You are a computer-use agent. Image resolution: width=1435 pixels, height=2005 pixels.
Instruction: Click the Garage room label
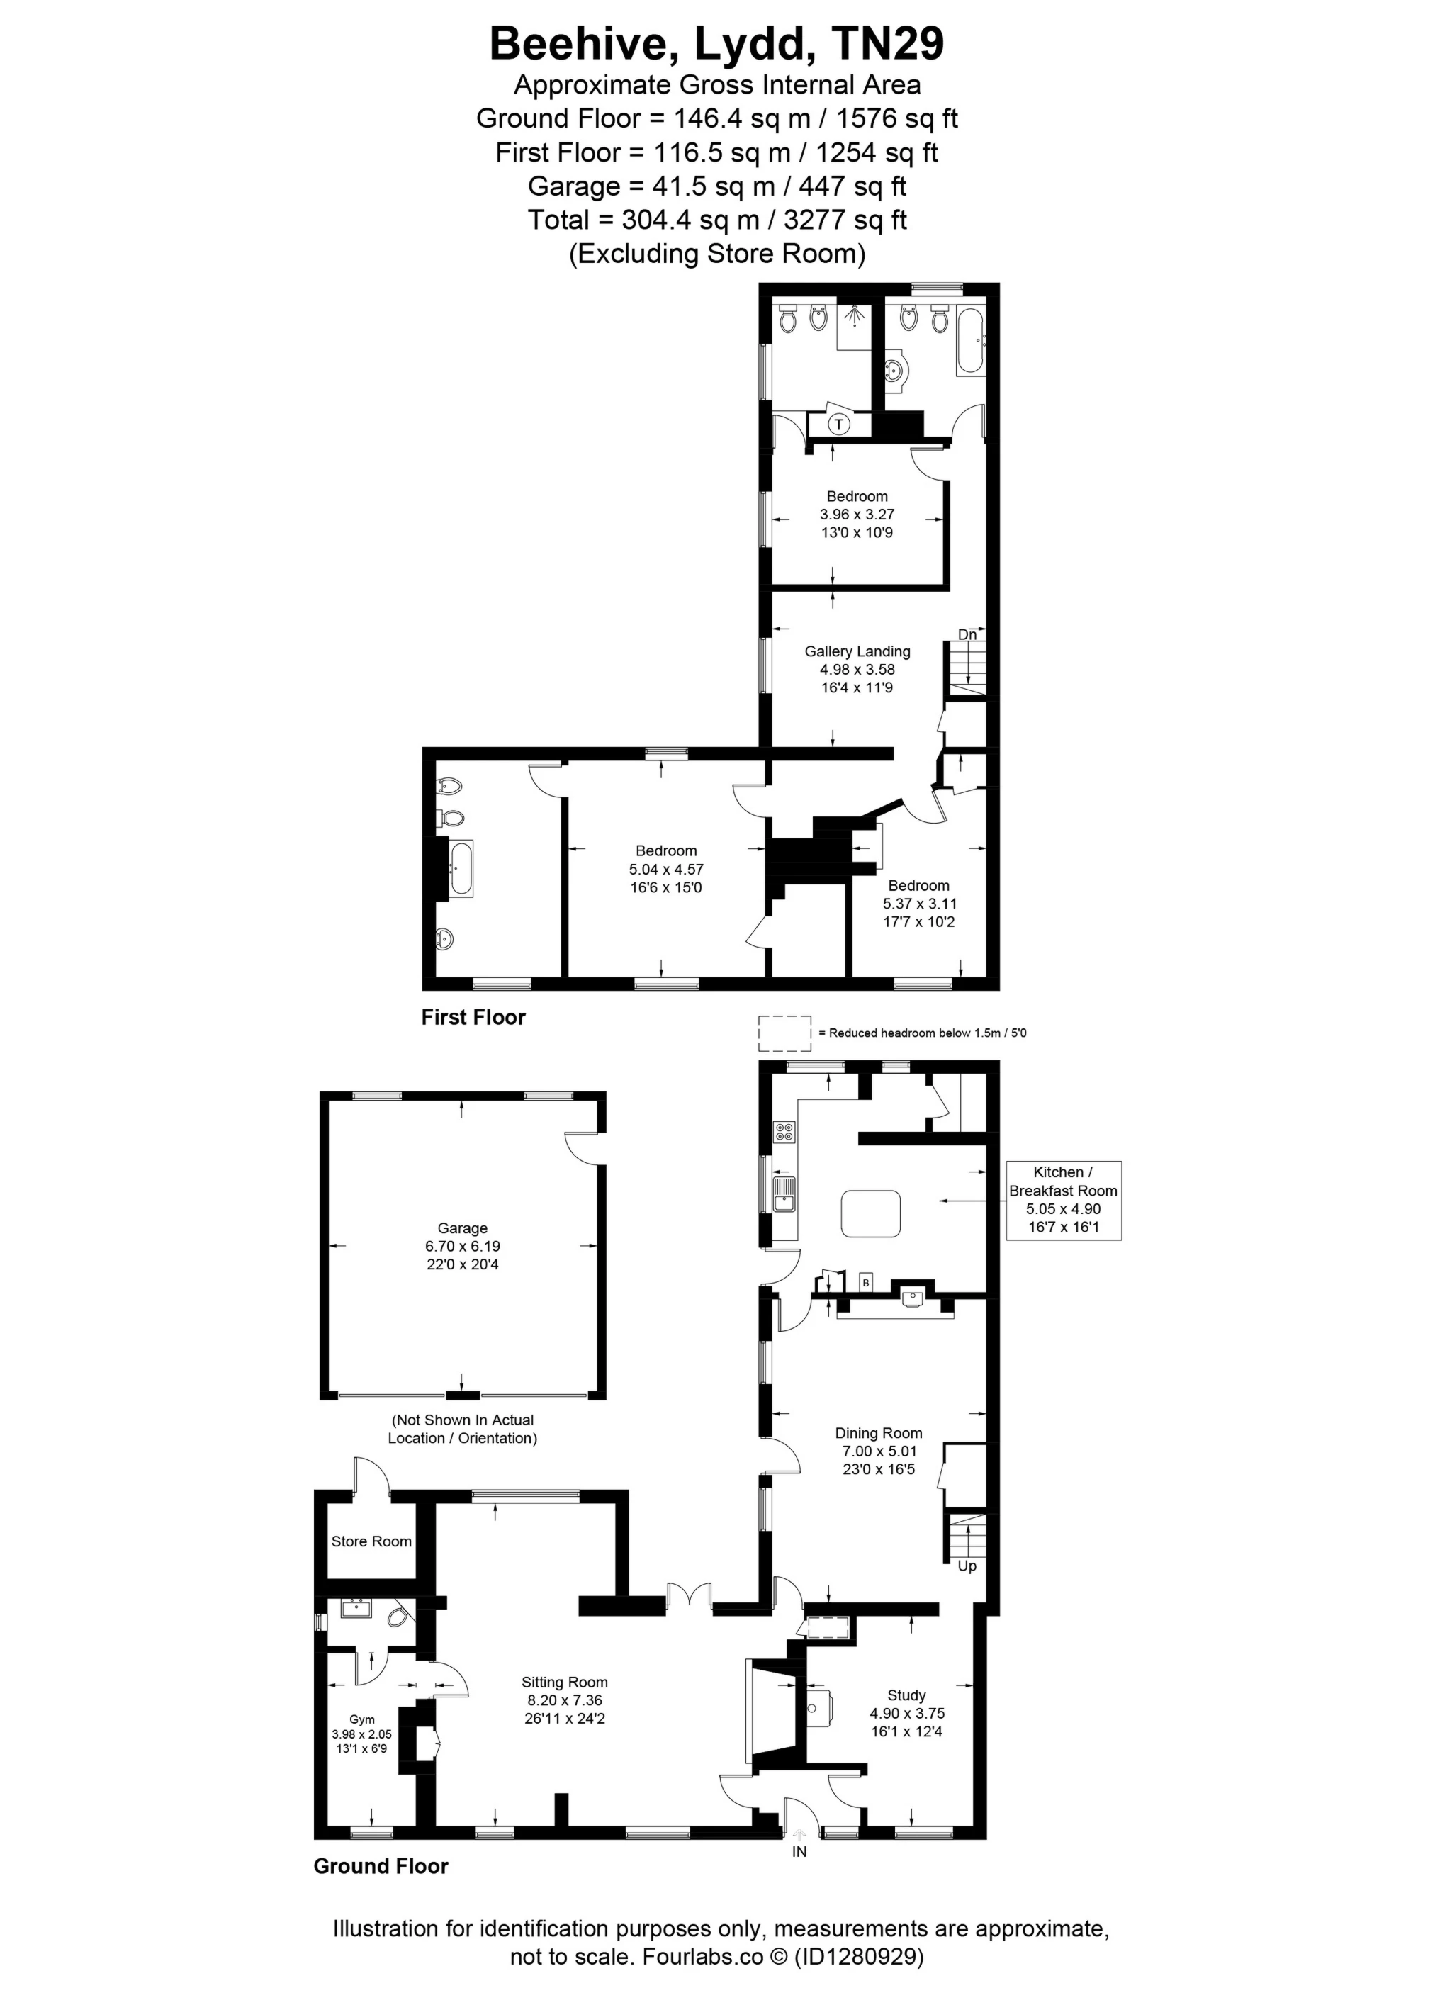462,1246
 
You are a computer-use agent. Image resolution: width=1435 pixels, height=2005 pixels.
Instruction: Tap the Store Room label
371,1541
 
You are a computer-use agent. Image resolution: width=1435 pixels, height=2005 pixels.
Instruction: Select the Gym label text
361,1719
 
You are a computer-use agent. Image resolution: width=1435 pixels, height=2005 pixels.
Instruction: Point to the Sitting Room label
564,1701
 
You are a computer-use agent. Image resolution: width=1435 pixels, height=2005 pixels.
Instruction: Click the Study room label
906,1714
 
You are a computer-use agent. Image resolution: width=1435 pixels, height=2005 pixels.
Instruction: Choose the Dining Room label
878,1451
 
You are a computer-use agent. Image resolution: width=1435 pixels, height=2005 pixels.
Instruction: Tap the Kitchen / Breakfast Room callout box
1063,1199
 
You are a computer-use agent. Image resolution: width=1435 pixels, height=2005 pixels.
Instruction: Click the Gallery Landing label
857,669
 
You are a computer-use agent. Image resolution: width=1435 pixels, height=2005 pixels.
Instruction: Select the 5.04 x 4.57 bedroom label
666,869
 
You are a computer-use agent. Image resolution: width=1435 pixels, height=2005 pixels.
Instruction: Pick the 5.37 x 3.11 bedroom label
919,903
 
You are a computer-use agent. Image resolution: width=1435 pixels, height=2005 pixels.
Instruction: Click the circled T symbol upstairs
838,424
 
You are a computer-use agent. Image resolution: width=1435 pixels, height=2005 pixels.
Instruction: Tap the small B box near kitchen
866,1282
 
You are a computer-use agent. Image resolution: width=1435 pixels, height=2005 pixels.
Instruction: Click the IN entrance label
799,1852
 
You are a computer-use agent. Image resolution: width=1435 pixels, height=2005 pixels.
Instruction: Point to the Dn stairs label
967,634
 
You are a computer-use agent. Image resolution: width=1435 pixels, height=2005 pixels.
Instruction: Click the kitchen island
870,1213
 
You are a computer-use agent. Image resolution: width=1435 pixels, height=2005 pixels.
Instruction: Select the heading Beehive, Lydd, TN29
716,43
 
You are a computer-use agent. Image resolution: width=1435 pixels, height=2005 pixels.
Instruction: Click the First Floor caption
473,1017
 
